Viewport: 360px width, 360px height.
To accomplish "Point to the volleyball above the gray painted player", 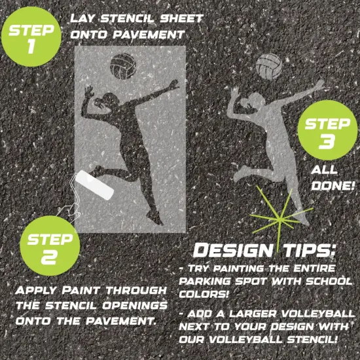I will [x=268, y=65].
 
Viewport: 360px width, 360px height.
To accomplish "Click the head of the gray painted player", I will [x=251, y=96].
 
